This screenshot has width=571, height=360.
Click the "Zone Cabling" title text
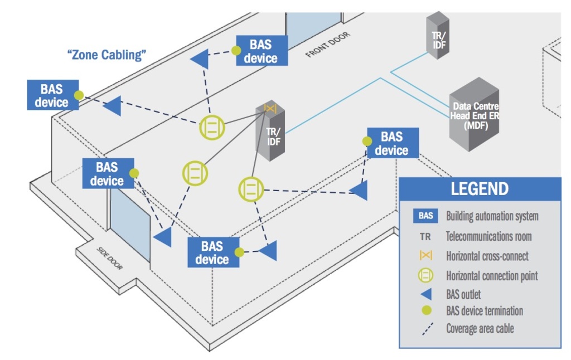click(107, 55)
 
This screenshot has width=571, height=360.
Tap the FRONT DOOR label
click(328, 46)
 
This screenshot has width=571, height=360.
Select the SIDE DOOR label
click(109, 259)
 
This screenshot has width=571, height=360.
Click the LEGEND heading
click(480, 188)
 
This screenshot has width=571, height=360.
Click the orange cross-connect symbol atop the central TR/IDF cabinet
click(270, 109)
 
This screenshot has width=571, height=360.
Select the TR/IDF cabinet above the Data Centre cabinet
click(438, 37)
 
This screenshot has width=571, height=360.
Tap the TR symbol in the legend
click(425, 236)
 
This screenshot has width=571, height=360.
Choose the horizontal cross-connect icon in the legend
click(425, 256)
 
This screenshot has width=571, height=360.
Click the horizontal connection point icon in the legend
click(425, 275)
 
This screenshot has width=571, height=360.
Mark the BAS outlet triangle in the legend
click(425, 294)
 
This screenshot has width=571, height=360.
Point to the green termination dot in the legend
click(425, 311)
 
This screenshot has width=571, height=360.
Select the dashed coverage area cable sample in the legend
click(425, 329)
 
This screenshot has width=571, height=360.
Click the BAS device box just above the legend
click(393, 143)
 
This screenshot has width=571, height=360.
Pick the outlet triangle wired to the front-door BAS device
click(200, 59)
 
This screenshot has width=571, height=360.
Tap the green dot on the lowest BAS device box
click(239, 252)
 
